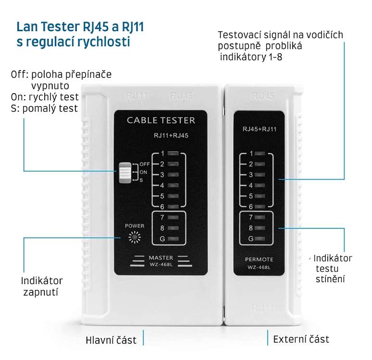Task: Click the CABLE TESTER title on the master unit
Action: [x=161, y=120]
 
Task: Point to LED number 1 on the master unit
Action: [x=174, y=154]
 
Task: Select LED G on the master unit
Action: [x=174, y=239]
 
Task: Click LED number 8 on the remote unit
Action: [x=261, y=228]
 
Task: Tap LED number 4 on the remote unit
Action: [x=261, y=185]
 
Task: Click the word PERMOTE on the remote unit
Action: [x=259, y=260]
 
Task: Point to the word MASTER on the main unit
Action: [x=161, y=258]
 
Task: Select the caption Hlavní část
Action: [x=111, y=340]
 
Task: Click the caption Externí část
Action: [x=301, y=339]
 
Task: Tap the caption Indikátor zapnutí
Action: [x=42, y=286]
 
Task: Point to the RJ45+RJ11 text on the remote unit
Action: [x=260, y=129]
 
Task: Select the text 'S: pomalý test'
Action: [x=44, y=108]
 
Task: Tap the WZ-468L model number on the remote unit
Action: [x=259, y=267]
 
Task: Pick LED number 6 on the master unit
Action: [x=174, y=206]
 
